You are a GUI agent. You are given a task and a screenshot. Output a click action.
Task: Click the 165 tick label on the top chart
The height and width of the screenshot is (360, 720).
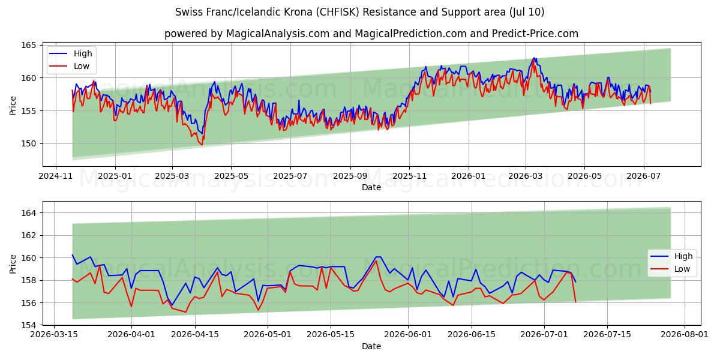(x=28, y=46)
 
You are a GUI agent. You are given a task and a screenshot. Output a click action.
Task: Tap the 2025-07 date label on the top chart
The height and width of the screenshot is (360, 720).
(x=290, y=176)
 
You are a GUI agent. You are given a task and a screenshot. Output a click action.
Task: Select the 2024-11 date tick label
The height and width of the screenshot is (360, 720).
(x=56, y=176)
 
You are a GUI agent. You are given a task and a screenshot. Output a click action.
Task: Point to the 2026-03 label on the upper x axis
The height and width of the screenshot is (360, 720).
(x=526, y=176)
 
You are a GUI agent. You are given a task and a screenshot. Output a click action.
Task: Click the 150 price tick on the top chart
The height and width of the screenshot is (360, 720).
(x=28, y=143)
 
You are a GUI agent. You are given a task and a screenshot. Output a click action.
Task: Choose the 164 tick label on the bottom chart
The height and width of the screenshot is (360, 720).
(x=28, y=213)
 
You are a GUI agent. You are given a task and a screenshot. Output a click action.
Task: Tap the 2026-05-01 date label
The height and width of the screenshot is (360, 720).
(x=268, y=334)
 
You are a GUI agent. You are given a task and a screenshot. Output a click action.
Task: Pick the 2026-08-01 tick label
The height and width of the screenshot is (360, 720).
(x=685, y=334)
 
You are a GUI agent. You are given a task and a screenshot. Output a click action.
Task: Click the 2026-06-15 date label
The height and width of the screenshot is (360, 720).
(x=472, y=334)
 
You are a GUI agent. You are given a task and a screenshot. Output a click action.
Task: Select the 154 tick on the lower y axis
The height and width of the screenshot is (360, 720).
(x=28, y=325)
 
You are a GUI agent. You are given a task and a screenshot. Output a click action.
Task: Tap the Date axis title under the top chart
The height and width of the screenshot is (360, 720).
(x=371, y=187)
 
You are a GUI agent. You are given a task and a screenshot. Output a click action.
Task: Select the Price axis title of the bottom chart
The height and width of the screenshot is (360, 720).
(x=13, y=264)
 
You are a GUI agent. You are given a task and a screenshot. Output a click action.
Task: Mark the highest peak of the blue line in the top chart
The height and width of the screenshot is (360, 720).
(x=534, y=58)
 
